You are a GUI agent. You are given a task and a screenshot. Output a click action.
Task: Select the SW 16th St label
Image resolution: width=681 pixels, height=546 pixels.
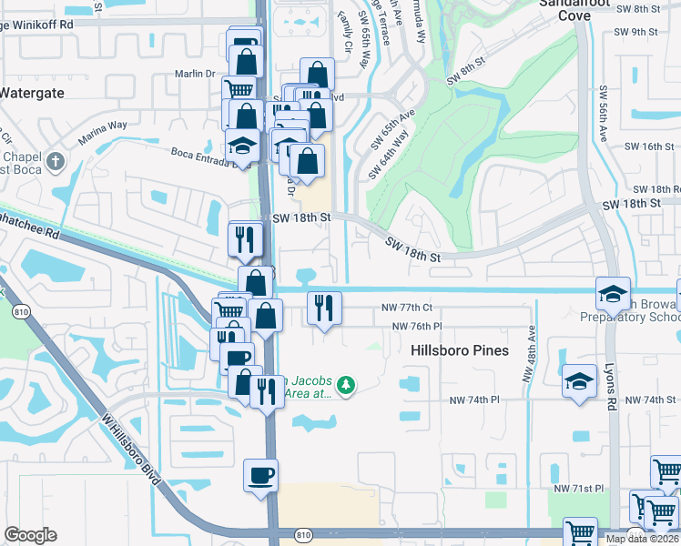[647, 147]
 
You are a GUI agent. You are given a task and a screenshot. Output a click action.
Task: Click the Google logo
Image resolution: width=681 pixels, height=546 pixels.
[30, 535]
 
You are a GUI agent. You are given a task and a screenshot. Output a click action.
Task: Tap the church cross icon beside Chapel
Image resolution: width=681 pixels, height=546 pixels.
[56, 162]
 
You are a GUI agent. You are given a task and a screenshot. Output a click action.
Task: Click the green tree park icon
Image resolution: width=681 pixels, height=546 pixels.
[344, 386]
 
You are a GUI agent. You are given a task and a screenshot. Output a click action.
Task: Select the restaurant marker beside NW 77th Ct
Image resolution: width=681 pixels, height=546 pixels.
[324, 308]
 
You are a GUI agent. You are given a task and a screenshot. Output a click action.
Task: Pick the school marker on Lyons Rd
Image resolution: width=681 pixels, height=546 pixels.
[613, 293]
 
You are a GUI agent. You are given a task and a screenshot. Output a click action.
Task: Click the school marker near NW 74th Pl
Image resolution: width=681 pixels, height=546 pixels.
[579, 380]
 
